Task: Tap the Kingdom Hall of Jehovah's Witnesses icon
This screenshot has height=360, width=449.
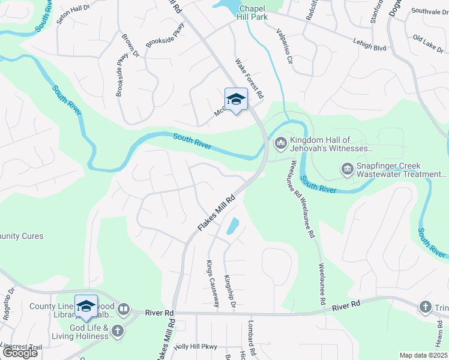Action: click(x=280, y=143)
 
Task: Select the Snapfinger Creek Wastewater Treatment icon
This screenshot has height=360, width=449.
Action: click(x=347, y=170)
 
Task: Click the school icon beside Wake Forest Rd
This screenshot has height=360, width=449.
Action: click(x=236, y=100)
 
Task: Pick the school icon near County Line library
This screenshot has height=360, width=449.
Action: click(x=86, y=307)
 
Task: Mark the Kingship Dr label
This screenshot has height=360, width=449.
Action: click(x=229, y=292)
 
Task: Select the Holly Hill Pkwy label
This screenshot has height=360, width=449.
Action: click(x=195, y=347)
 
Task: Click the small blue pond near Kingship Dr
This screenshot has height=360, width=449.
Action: click(x=232, y=226)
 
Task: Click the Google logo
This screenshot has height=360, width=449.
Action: click(x=19, y=353)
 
